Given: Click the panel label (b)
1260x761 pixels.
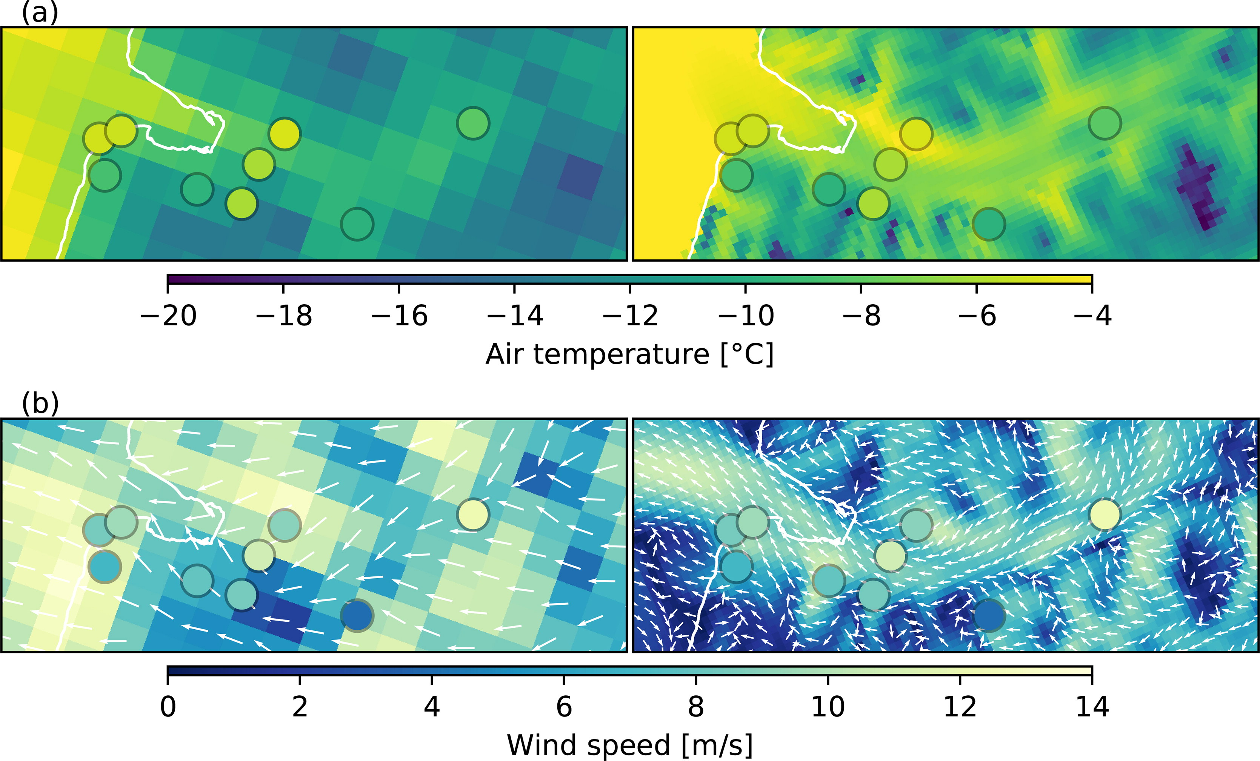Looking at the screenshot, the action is (40, 404).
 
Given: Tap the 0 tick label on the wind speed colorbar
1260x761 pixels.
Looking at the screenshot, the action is (168, 706).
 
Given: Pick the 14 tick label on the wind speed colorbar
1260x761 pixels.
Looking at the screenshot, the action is (1092, 706).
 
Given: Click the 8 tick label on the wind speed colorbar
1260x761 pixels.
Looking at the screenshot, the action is (695, 706).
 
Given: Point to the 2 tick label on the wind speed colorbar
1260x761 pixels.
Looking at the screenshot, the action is (300, 706).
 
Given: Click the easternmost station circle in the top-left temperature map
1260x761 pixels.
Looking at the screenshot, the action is (473, 123).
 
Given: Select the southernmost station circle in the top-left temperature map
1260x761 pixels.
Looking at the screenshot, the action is (357, 224).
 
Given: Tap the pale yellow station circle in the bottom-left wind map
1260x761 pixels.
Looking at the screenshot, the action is (473, 514).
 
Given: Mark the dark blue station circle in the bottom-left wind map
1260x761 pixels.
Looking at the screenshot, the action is (357, 615).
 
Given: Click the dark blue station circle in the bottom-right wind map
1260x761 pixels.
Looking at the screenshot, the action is (989, 615).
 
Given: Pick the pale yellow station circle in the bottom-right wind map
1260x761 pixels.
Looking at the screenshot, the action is (1105, 514).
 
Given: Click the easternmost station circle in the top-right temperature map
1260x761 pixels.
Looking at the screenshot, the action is (1105, 123).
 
